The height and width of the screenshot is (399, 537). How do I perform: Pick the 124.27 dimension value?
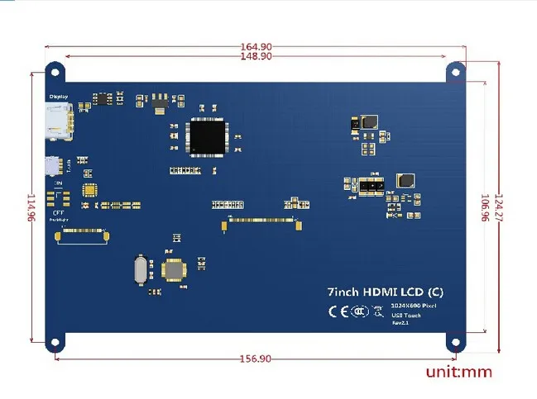tap(498, 207)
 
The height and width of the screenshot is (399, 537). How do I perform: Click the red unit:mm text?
tap(458, 372)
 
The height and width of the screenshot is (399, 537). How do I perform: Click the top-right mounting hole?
tap(456, 71)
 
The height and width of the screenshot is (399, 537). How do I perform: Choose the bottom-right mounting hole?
tap(456, 341)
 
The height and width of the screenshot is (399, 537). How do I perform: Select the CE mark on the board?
tap(338, 311)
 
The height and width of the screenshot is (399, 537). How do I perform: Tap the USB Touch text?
tap(406, 315)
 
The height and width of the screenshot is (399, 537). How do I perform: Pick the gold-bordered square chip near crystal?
tap(175, 270)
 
